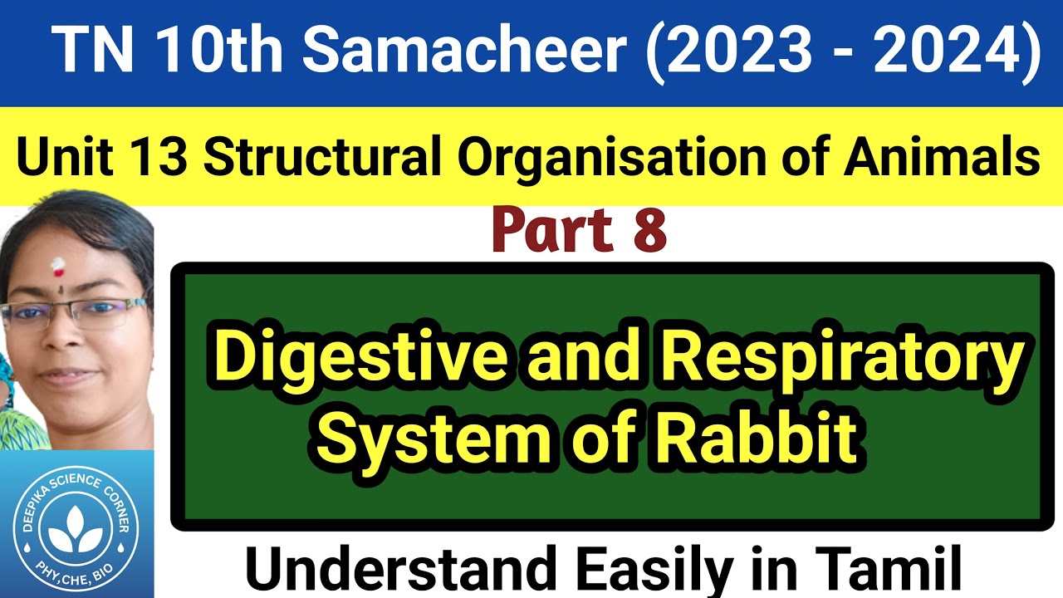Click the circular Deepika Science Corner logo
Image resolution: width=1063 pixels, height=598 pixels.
tap(76, 526)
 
